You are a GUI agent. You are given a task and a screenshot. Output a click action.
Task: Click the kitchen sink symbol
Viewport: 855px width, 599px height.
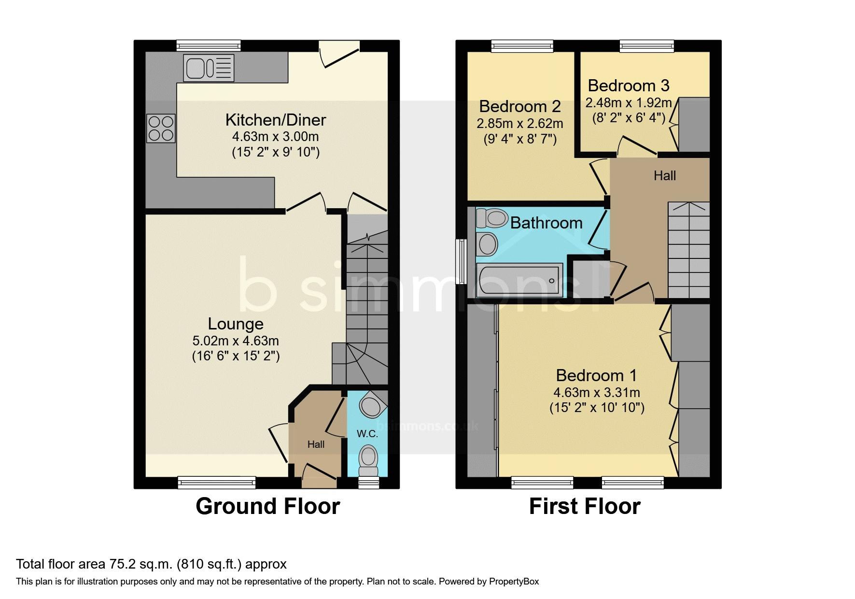click(209, 68)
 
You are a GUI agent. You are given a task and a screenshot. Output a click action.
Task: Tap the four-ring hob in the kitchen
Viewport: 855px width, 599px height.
click(161, 128)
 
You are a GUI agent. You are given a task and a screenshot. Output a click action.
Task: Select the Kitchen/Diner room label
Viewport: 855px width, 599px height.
click(276, 120)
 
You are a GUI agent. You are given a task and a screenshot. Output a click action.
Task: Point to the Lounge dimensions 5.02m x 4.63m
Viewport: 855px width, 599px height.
click(236, 341)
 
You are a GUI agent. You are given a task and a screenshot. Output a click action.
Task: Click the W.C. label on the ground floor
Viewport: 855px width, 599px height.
click(367, 434)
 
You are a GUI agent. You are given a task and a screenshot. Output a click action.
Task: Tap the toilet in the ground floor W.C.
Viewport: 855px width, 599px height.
click(369, 460)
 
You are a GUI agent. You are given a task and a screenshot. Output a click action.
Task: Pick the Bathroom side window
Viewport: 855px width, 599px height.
click(462, 261)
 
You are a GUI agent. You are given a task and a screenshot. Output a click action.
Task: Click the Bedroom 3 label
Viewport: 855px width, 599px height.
click(629, 86)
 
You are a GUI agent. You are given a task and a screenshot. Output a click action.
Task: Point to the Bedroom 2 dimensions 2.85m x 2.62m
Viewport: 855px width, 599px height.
click(520, 124)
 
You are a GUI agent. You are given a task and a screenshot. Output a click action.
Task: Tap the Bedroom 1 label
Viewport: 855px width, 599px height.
click(596, 375)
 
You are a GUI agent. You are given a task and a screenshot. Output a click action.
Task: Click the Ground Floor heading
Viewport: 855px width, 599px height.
click(268, 506)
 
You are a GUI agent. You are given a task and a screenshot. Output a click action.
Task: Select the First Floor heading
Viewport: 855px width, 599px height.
click(585, 506)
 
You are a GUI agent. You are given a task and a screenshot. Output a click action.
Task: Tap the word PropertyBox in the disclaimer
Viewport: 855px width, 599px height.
click(514, 582)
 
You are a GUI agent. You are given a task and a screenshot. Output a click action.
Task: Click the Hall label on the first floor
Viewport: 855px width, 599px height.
click(665, 175)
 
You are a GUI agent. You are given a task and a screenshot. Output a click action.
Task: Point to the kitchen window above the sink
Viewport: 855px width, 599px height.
click(209, 46)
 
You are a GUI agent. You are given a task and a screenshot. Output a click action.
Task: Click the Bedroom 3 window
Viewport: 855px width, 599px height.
click(647, 46)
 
